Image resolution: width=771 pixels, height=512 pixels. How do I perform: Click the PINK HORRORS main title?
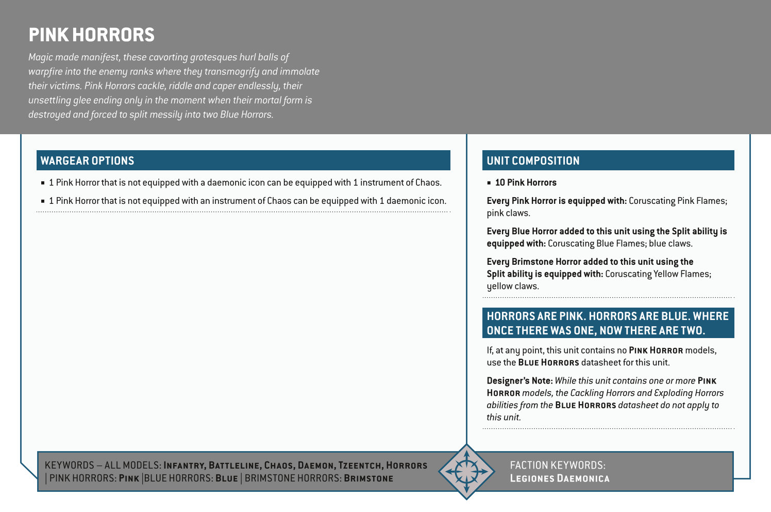click(91, 35)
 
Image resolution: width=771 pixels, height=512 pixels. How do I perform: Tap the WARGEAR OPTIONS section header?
click(87, 161)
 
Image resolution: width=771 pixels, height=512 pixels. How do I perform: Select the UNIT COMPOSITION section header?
click(533, 161)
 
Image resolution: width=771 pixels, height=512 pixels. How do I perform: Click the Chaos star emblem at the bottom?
click(466, 471)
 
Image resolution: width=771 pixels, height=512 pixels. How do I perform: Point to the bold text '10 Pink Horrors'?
click(526, 183)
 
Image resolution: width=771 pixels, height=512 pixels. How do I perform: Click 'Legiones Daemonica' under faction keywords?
click(559, 478)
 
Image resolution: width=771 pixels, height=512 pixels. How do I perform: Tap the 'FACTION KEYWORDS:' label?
click(557, 466)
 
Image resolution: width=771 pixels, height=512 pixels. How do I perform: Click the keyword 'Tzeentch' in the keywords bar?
click(359, 466)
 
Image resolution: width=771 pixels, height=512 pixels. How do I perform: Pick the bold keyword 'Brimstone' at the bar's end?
click(368, 478)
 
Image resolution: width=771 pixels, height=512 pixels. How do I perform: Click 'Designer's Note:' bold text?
click(519, 381)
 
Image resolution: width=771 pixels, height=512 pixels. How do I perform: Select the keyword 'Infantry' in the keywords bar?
click(184, 466)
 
